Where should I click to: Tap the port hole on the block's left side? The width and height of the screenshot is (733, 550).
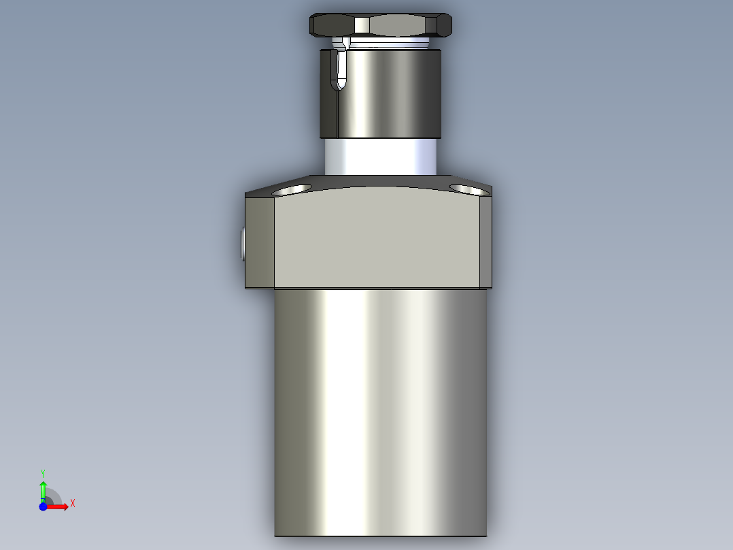pos(243,244)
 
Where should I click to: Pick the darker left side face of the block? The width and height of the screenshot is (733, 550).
pos(260,242)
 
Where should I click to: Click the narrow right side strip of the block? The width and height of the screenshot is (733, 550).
pos(485,242)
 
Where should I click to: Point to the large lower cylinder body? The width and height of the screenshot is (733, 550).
pos(381,408)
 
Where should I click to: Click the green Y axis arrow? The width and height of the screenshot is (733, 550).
pos(43,489)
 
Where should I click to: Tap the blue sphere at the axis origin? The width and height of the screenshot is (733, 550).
pos(43,507)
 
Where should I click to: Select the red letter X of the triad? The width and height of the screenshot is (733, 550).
pos(73,504)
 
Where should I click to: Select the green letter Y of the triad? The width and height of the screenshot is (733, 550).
pos(43,472)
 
